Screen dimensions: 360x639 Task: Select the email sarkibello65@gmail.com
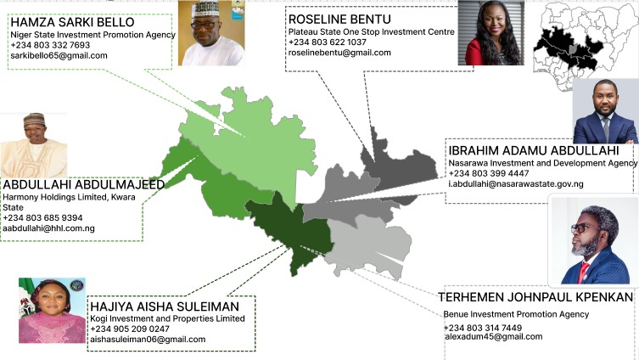(59, 56)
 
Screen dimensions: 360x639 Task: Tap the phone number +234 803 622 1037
(328, 42)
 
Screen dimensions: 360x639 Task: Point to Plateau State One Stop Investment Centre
(371, 31)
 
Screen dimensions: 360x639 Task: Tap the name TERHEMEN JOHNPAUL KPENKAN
(535, 297)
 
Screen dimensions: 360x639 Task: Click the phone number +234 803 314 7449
(483, 328)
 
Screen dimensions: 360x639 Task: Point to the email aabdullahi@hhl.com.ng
(48, 229)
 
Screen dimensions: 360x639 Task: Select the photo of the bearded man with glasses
(594, 241)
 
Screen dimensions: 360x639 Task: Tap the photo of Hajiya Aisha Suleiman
(52, 310)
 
